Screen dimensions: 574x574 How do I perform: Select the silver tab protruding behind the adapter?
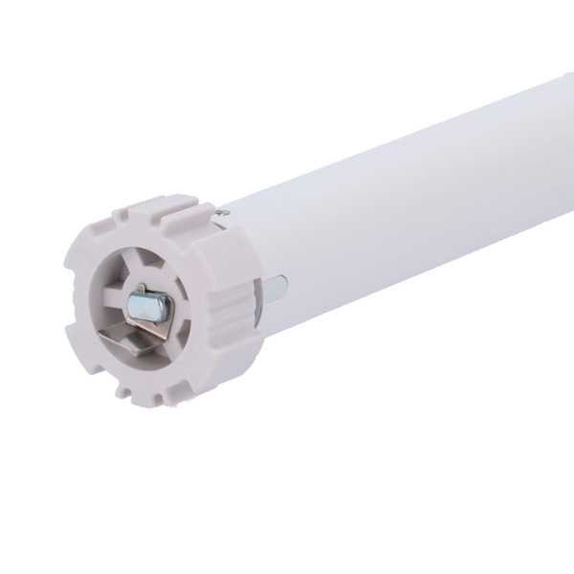(x=276, y=285)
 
